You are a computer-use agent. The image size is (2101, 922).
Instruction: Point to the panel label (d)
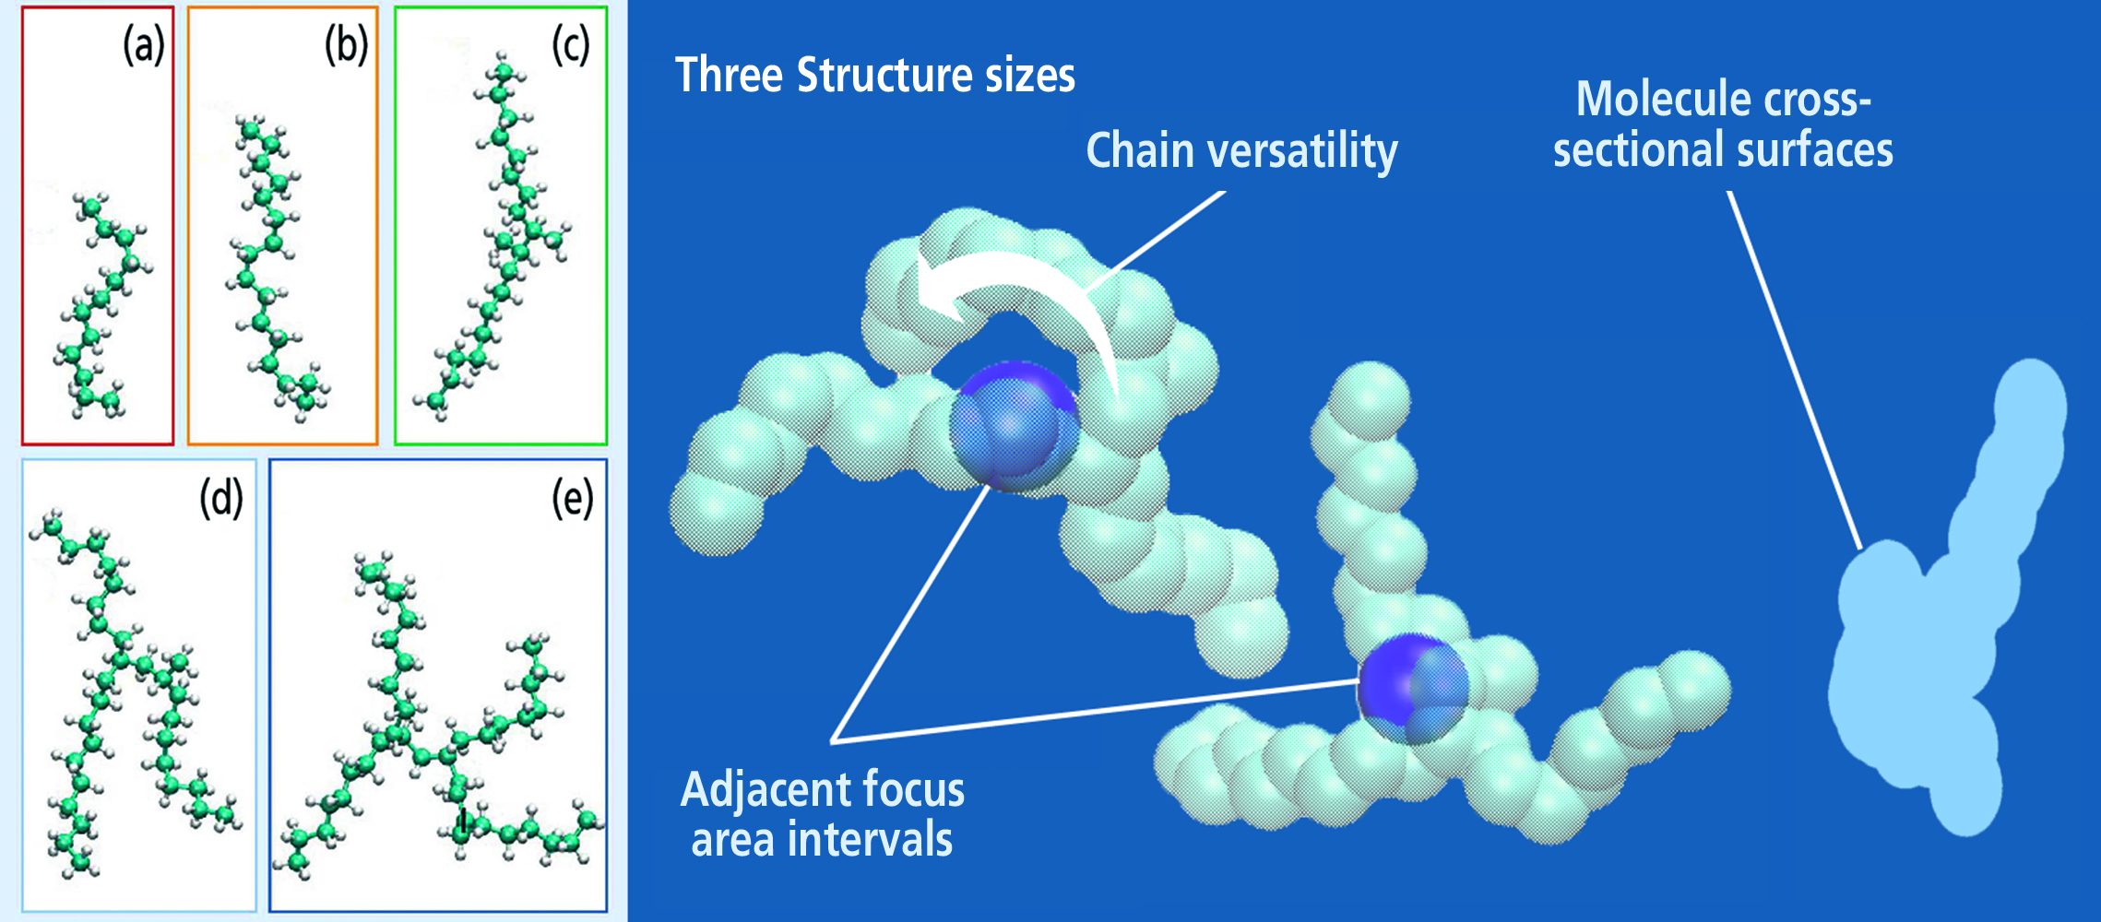pos(221,500)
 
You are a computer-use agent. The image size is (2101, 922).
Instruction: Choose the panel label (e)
pos(573,500)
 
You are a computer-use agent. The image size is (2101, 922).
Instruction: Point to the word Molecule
pos(1663,99)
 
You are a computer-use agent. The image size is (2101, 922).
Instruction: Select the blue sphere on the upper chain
pos(1014,425)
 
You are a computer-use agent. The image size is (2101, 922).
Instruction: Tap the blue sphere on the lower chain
pos(1412,688)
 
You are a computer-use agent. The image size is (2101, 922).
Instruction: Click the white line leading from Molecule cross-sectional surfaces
pos(1794,370)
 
